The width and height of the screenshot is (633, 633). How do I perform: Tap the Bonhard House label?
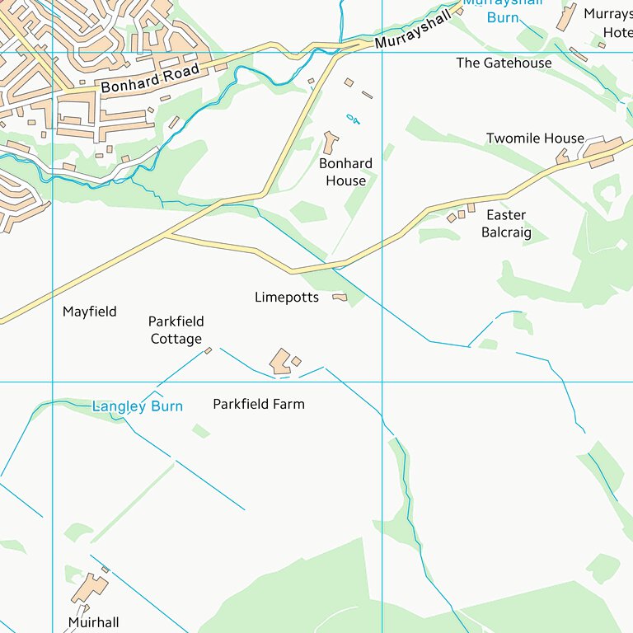coord(345,172)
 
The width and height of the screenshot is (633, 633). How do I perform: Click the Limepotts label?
coord(286,297)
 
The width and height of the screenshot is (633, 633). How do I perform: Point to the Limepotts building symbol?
coord(340,297)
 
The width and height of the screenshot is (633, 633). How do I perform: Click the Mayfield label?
coord(90,312)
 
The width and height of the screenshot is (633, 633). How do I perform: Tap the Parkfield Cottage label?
coord(176,330)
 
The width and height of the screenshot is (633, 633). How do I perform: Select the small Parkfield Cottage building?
coord(208,350)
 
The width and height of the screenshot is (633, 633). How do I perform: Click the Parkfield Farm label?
coord(258,404)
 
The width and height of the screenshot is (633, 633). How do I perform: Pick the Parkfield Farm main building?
coord(280,362)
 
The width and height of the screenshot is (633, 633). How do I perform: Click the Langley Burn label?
coord(137,406)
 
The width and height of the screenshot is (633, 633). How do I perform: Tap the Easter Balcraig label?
coord(506,223)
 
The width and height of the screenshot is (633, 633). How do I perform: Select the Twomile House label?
coord(534,138)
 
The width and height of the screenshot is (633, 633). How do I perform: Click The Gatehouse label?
coord(504,63)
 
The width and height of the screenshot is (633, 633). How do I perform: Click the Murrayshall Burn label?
coord(503,10)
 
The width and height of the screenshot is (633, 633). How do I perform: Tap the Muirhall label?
coord(93,623)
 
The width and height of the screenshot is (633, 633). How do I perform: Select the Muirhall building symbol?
coord(89,588)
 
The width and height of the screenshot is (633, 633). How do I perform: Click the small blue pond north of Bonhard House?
coord(354,119)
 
